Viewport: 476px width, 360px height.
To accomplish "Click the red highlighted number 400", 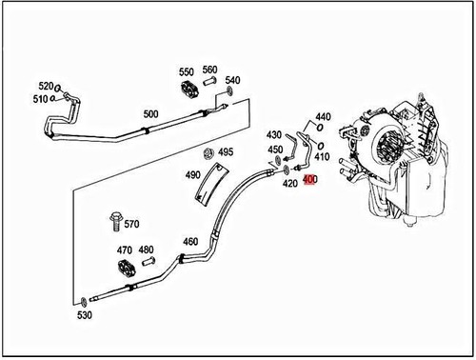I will [310, 179].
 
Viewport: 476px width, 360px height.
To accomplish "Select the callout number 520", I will [45, 85].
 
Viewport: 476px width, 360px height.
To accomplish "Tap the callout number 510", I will [40, 98].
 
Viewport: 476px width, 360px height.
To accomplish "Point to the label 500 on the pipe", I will [150, 114].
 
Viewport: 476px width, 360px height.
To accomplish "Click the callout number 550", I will [186, 71].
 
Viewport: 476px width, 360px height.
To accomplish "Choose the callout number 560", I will [209, 70].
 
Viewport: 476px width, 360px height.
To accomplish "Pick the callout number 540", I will [232, 80].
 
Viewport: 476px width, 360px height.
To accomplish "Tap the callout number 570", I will [131, 225].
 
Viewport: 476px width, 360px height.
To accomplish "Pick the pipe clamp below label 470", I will [124, 273].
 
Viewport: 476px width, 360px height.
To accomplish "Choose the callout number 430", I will [274, 135].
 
